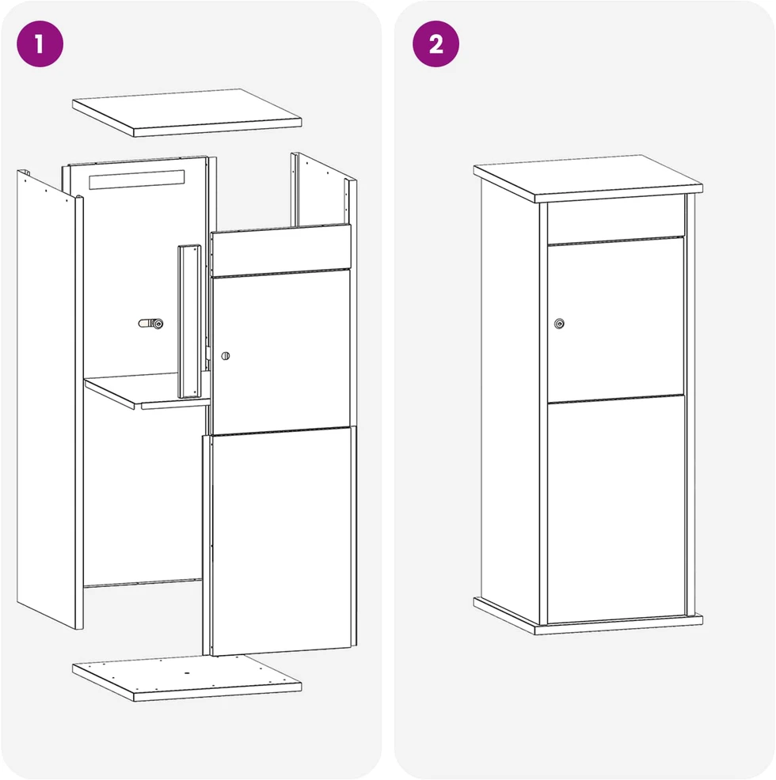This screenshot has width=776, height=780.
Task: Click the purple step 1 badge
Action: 40,44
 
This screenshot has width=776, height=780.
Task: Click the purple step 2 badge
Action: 436,44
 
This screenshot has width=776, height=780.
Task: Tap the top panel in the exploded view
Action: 187,112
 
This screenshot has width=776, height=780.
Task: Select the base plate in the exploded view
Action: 187,677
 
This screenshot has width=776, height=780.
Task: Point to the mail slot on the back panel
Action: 136,180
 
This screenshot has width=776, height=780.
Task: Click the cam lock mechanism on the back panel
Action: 151,324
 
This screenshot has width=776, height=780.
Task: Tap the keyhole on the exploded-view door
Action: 226,356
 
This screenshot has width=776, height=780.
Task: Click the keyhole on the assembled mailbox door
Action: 559,324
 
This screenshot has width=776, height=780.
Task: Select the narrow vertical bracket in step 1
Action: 189,321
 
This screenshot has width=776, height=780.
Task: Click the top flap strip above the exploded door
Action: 281,250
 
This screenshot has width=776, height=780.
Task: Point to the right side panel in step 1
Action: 324,194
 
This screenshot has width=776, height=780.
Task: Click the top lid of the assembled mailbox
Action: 588,178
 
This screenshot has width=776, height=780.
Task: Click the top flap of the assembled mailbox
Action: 616,220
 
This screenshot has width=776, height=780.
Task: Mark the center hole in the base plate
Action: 188,672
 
